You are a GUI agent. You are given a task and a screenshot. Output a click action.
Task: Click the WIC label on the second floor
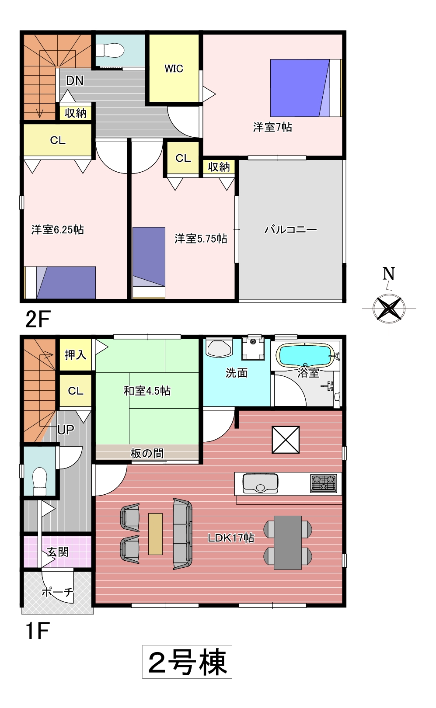174,69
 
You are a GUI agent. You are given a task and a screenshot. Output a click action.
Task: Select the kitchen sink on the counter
260,483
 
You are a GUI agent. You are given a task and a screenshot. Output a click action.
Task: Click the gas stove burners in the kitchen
324,483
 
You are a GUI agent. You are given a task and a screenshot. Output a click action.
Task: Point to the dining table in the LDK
287,542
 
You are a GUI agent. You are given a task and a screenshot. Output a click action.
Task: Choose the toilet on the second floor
110,51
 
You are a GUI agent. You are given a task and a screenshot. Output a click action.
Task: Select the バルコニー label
290,229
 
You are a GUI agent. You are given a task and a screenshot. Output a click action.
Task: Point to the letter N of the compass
389,274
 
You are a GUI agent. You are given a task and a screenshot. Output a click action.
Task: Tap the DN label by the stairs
75,81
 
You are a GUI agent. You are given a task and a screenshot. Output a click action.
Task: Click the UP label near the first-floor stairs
66,430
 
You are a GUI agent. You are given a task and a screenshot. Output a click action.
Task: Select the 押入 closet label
75,355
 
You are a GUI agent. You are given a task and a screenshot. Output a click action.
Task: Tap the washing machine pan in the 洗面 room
253,349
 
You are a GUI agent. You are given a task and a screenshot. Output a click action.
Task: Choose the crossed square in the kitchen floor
286,440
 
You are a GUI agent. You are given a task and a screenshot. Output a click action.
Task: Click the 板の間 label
147,454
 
